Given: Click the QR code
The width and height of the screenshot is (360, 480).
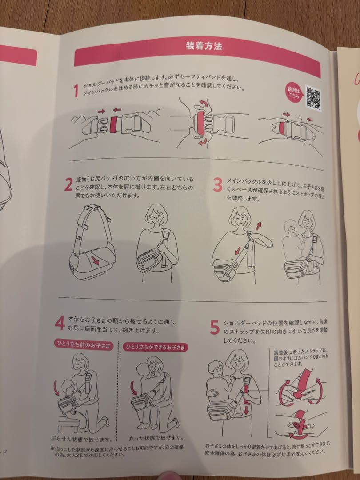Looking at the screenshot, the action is (x=313, y=98).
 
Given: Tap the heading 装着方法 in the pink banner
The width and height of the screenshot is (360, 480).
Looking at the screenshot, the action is (x=204, y=46).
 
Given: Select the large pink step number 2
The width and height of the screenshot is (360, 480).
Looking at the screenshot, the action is (x=68, y=184).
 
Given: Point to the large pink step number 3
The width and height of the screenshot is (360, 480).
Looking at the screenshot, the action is (x=217, y=185).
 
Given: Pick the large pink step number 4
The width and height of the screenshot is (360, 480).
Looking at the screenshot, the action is (x=60, y=323).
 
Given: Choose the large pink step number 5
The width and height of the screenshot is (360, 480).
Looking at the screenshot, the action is (x=215, y=328).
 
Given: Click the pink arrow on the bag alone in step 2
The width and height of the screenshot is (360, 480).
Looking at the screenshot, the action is (x=95, y=260).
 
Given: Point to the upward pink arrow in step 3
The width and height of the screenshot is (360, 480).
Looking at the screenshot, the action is (x=259, y=226).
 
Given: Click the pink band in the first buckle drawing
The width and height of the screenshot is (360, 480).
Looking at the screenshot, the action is (x=114, y=124).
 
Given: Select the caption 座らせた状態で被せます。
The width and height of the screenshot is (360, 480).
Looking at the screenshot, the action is (x=82, y=440).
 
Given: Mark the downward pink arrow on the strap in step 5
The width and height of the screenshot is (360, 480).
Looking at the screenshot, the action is (x=246, y=407).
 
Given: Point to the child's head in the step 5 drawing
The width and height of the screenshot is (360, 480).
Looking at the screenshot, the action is (x=216, y=368).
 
